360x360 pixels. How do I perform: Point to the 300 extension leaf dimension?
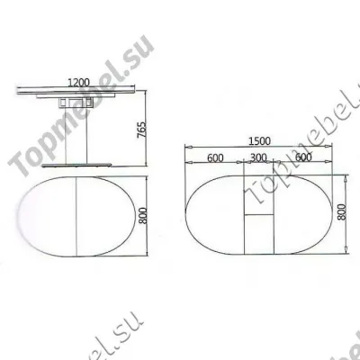click(258, 158)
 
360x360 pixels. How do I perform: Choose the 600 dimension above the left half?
click(214, 158)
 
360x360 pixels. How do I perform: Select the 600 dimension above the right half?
click(302, 158)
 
